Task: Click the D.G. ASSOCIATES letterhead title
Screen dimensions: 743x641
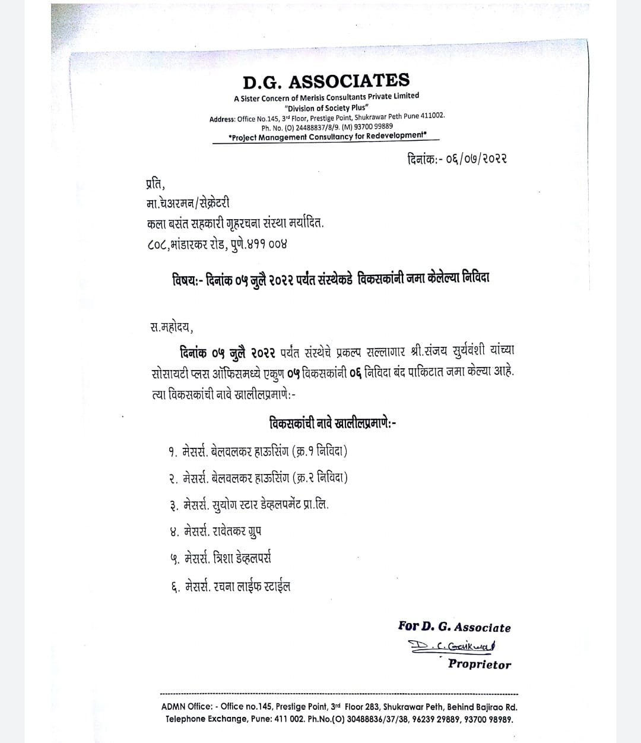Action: point(326,81)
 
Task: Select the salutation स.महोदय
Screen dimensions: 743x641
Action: point(172,326)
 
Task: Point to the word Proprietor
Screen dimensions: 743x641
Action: point(479,664)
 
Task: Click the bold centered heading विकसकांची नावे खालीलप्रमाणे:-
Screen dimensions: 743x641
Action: point(332,423)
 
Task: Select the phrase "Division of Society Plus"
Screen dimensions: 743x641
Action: point(326,108)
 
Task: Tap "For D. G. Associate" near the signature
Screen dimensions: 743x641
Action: point(454,627)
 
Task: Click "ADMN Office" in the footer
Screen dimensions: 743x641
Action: point(187,707)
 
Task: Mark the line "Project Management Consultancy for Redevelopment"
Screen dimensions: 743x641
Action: point(327,136)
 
